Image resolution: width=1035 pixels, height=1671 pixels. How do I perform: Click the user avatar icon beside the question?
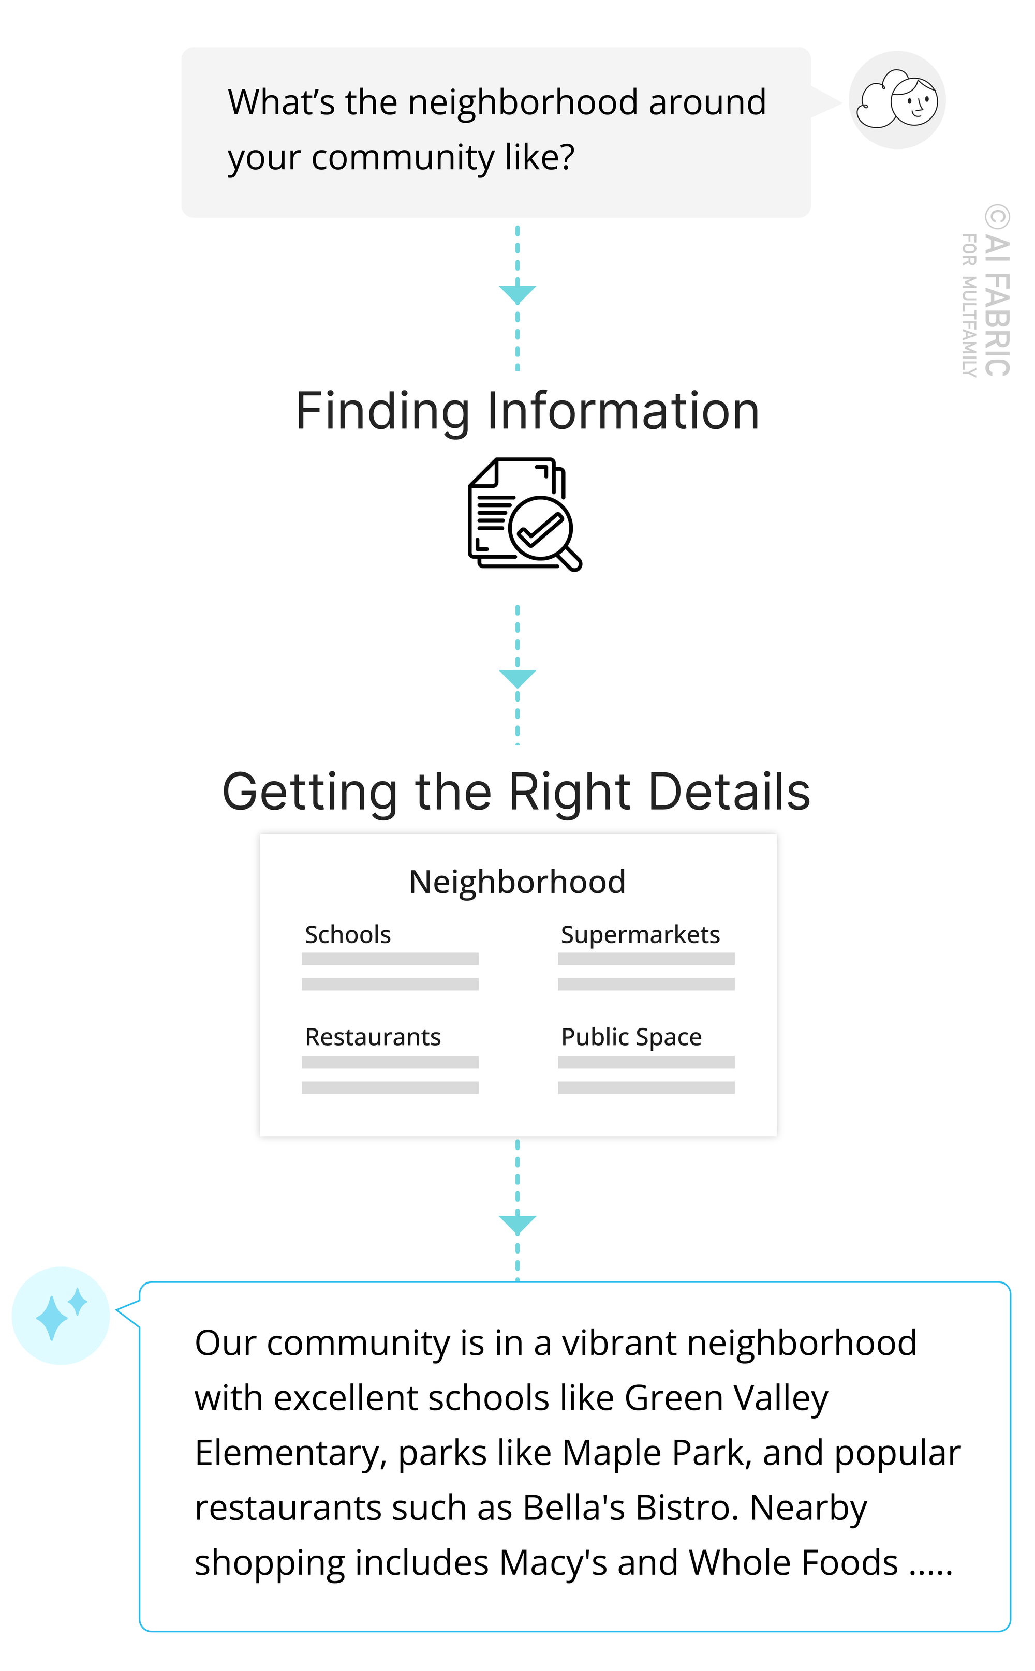tap(897, 100)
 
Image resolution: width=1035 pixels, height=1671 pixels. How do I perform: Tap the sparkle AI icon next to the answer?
tap(61, 1315)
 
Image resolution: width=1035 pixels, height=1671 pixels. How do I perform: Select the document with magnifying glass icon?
tap(524, 515)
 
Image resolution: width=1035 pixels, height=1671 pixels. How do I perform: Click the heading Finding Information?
tap(527, 411)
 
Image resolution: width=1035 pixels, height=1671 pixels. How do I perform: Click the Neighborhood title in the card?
tap(517, 882)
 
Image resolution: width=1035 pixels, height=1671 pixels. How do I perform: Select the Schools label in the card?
tap(348, 935)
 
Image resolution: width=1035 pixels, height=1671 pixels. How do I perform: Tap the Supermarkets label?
tap(640, 935)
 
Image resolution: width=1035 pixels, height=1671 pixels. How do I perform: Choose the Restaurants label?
tap(373, 1037)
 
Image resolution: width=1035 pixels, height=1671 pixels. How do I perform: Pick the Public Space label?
tap(631, 1037)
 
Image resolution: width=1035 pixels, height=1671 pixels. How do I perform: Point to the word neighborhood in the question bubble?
tap(524, 102)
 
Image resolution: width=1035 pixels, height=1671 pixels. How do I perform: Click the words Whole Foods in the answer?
tap(793, 1563)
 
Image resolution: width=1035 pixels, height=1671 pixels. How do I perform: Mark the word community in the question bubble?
tap(402, 158)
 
